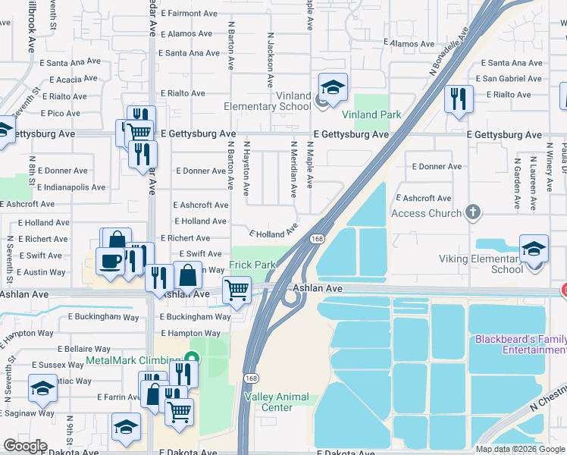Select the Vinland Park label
(x=371, y=115)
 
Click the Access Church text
(x=425, y=213)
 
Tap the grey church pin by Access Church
(x=474, y=212)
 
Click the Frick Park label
(x=253, y=265)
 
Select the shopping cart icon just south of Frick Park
(x=237, y=290)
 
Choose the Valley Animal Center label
(x=268, y=402)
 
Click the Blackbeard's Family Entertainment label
(x=520, y=344)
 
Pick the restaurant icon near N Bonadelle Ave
(x=459, y=99)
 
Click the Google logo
(x=25, y=446)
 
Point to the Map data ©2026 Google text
(x=518, y=449)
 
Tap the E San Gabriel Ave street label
(x=509, y=79)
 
